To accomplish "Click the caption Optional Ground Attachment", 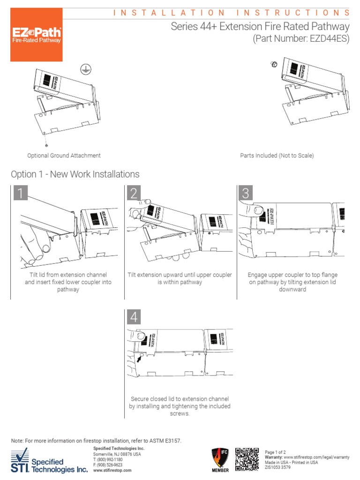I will coord(64,156).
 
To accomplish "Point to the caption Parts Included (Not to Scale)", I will coord(277,156).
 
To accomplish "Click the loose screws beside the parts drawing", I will coord(275,64).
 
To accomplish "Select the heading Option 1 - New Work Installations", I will coord(75,174).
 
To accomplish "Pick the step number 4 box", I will coord(134,317).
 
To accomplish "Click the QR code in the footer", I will coord(247,459).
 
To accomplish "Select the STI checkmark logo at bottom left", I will coord(20,460).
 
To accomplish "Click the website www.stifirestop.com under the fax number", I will coord(112,470).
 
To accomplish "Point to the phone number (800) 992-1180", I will coord(111,460).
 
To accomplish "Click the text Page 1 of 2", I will coord(276,452).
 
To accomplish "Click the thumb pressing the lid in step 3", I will coord(253,209).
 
